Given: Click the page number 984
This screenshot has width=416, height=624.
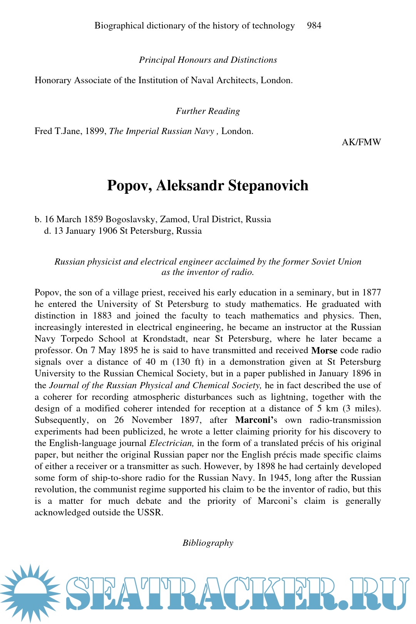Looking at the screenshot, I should (x=314, y=26).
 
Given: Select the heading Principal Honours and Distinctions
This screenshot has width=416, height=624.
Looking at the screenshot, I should (x=208, y=60).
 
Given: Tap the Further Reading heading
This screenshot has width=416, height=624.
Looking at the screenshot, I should (x=208, y=111).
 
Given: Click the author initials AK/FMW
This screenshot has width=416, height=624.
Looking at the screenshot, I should (x=361, y=143).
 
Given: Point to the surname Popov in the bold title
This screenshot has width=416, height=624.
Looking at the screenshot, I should (x=129, y=186).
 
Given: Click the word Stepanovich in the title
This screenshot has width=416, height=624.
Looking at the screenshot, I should (x=268, y=186).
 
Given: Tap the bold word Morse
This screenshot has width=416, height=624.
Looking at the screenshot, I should (x=324, y=351).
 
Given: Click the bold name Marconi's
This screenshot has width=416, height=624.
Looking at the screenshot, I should (x=256, y=420).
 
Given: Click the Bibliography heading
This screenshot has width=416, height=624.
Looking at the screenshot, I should (x=208, y=543).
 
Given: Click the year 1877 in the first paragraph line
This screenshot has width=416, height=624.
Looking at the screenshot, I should (x=371, y=293).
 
